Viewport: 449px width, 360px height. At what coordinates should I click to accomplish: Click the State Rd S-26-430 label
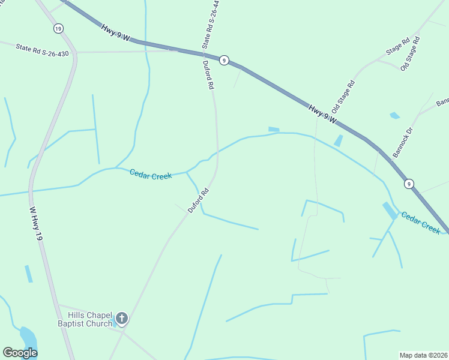[42, 50]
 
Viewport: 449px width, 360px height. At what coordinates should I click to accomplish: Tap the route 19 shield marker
[58, 29]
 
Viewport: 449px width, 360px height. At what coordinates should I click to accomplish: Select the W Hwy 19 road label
[37, 224]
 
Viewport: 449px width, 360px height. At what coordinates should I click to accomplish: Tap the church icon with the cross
[122, 318]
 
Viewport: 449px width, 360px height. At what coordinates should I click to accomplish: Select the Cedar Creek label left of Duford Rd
[151, 174]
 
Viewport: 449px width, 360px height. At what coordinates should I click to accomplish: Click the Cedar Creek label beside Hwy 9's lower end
[421, 223]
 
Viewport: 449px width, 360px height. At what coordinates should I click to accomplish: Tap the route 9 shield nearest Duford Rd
[223, 60]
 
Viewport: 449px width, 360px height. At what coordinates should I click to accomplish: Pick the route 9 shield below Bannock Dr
[408, 183]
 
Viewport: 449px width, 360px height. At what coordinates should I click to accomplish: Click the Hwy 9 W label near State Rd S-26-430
[116, 33]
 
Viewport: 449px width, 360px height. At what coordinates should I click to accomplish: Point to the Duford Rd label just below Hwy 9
[208, 75]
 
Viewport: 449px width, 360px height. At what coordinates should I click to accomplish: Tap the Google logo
[20, 352]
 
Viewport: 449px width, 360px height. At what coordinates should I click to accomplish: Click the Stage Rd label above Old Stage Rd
[398, 47]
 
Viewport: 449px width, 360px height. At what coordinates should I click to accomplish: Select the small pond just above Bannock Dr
[394, 115]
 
